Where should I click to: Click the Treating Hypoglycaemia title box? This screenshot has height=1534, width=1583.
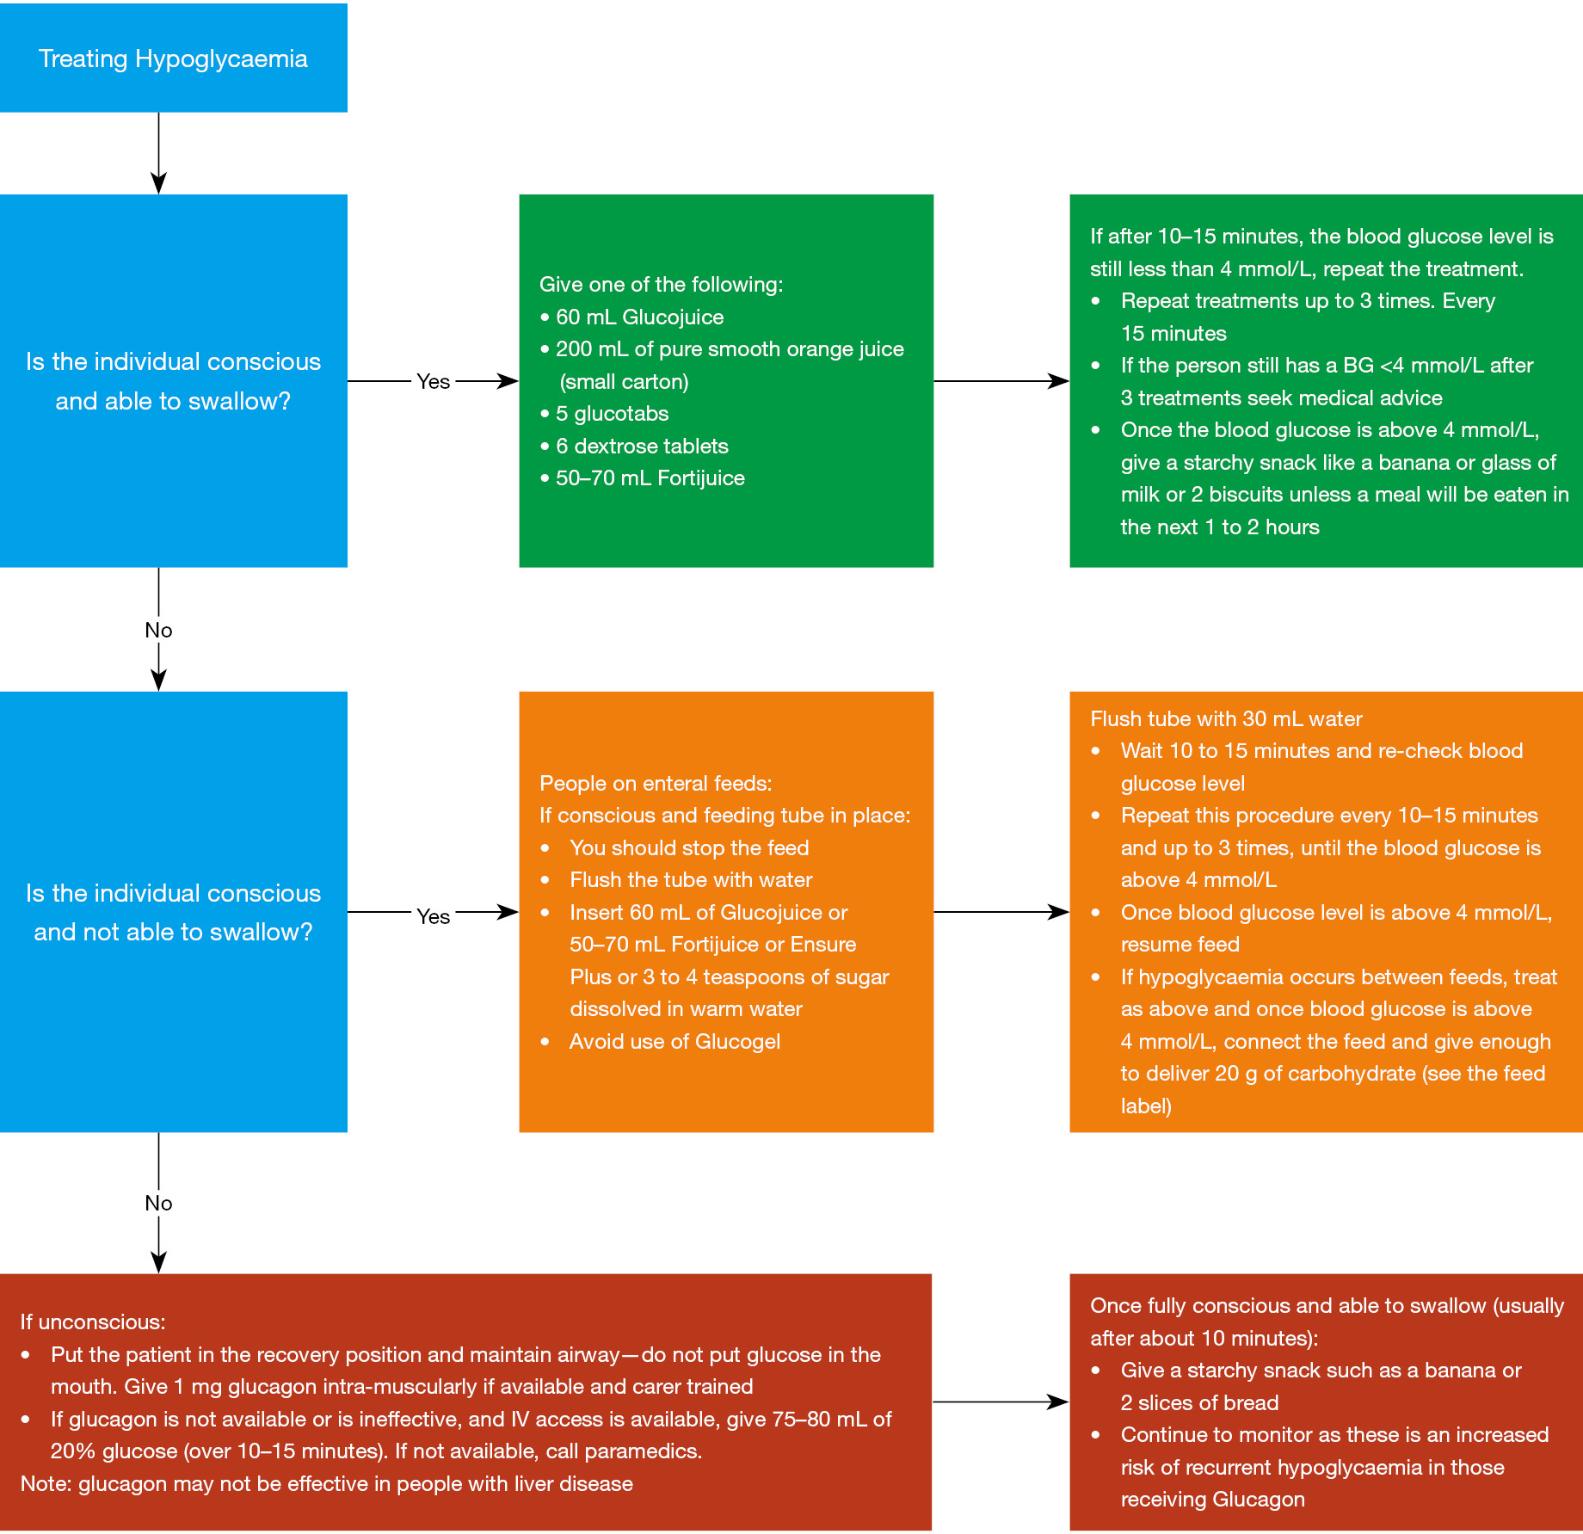173,58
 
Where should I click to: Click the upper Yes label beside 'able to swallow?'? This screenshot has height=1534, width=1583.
433,381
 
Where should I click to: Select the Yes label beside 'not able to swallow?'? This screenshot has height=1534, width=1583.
433,916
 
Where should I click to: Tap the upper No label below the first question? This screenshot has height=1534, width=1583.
158,630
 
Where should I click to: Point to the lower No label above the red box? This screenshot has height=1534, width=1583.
158,1203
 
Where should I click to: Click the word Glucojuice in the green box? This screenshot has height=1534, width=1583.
673,317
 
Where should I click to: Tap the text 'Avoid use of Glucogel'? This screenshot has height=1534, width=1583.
674,1042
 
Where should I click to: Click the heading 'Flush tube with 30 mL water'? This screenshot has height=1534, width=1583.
1226,718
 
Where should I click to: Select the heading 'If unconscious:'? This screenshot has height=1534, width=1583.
93,1321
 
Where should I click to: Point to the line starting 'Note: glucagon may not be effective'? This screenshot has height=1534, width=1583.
327,1483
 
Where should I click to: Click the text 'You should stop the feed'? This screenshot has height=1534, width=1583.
689,847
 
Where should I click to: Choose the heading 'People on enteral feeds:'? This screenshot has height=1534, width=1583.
656,783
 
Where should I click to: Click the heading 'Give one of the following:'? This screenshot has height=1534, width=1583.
661,285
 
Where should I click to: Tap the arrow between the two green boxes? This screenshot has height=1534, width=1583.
1001,381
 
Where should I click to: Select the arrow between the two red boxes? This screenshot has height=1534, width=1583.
1001,1402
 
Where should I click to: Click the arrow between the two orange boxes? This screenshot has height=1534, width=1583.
1001,912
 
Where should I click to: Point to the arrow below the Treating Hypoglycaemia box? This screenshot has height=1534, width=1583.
158,153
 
